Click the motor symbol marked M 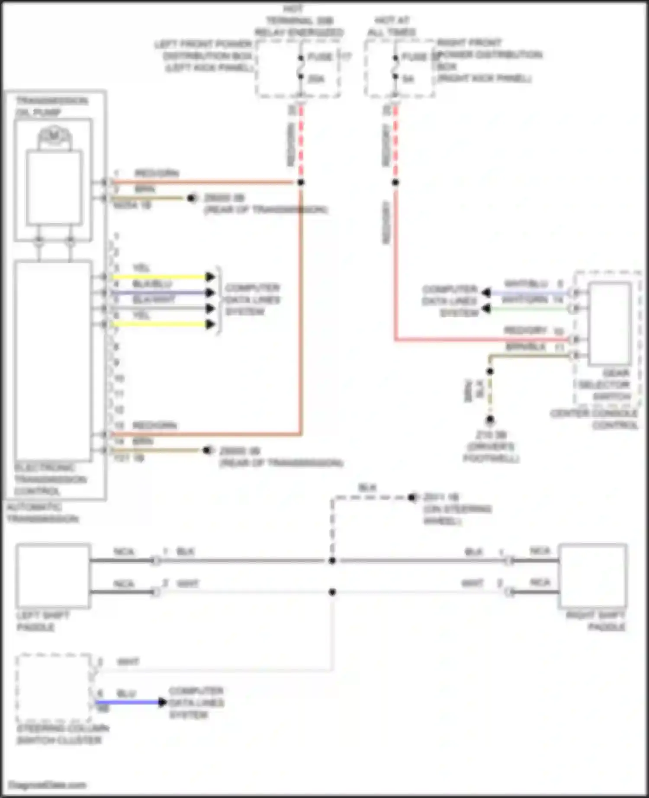pos(54,136)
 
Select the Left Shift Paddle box pos(53,576)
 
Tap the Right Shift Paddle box pos(593,576)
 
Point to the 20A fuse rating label pos(316,79)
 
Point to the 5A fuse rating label pos(408,79)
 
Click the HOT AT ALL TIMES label pos(392,26)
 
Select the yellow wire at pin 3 pos(160,277)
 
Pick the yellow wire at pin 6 pos(160,324)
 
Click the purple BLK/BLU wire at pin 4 pos(160,293)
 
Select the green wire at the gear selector pos(528,309)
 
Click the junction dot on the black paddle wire pos(332,561)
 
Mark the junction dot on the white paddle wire pos(332,592)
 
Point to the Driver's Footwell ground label pos(491,447)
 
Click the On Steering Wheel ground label pos(456,509)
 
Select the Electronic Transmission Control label pos(50,479)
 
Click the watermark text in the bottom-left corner pos(48,785)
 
